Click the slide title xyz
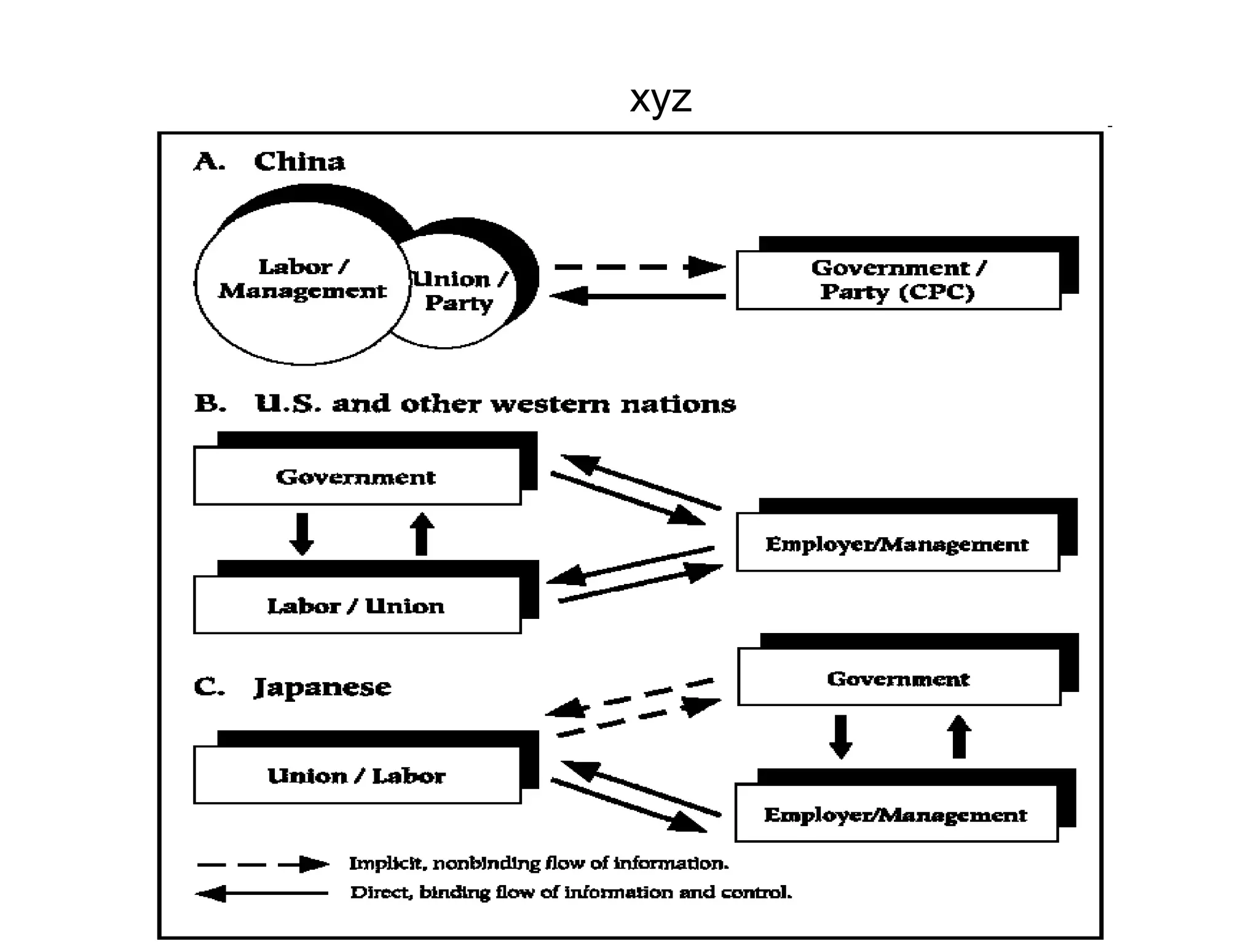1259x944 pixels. click(x=660, y=98)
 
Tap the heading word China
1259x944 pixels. click(x=299, y=161)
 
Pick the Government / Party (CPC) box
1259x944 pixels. click(x=898, y=280)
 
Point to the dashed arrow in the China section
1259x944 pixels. click(x=639, y=267)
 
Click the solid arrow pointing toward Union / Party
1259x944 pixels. click(x=639, y=296)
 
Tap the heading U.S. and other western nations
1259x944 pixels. click(x=495, y=404)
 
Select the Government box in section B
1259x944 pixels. click(x=357, y=476)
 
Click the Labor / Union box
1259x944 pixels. click(x=357, y=605)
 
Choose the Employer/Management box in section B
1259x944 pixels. click(x=897, y=543)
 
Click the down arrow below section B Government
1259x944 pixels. click(x=302, y=533)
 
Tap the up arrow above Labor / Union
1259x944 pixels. click(x=422, y=533)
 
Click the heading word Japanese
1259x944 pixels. click(x=323, y=686)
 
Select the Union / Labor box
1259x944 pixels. click(x=357, y=775)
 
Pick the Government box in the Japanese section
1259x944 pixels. click(x=898, y=678)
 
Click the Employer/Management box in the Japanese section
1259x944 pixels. click(x=896, y=814)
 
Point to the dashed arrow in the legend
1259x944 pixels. click(x=263, y=864)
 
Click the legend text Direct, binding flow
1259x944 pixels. click(x=570, y=892)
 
